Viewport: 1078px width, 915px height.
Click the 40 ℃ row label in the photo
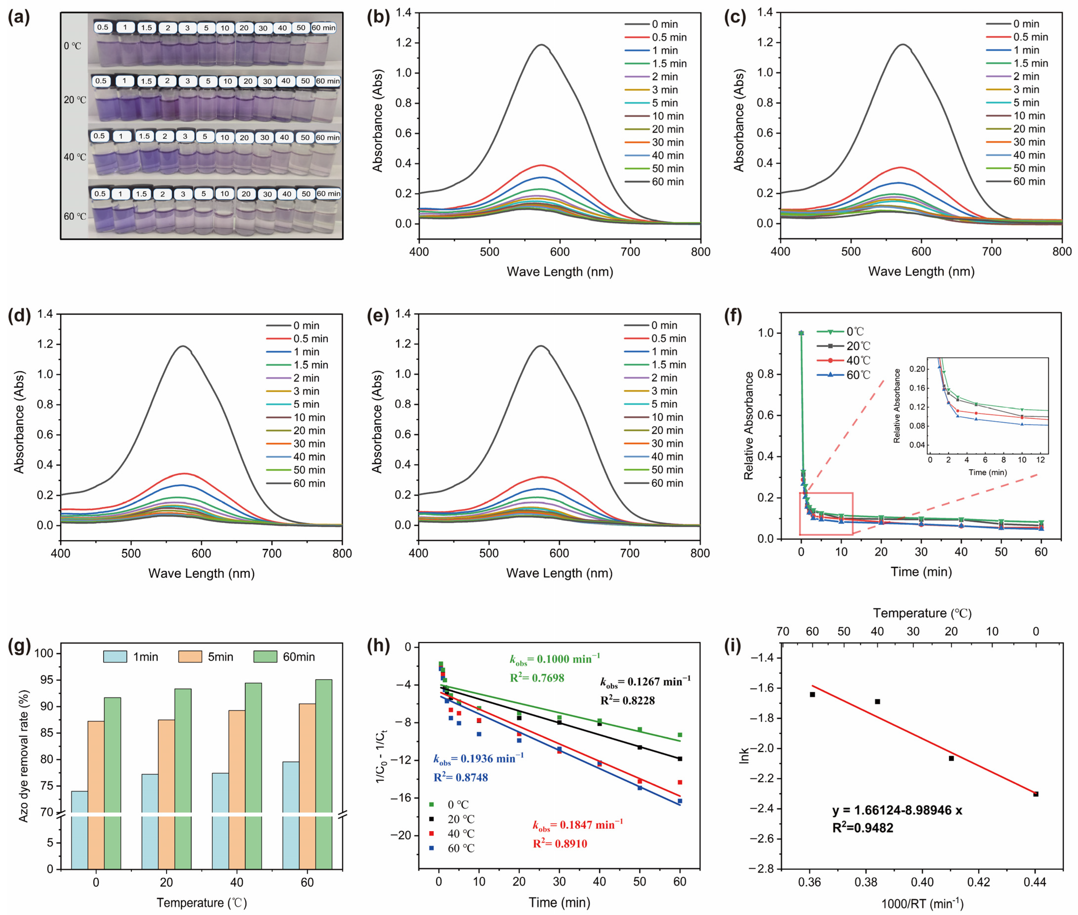point(75,157)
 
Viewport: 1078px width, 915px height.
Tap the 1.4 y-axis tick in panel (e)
point(403,314)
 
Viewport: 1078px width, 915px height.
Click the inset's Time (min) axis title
point(987,472)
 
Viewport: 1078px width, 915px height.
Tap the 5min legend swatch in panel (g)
point(190,657)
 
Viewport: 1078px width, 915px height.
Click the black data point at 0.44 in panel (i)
point(1035,794)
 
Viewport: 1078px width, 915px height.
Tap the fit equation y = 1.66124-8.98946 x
point(897,811)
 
